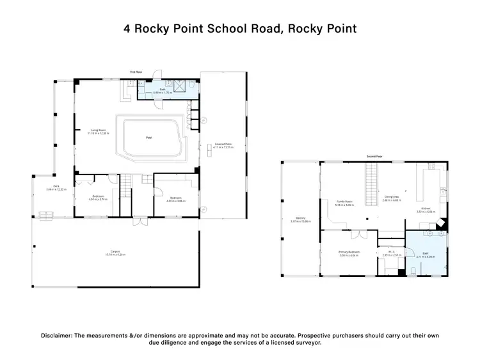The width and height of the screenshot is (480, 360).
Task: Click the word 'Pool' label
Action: click(x=149, y=137)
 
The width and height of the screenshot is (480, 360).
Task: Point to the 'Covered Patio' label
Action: click(x=223, y=145)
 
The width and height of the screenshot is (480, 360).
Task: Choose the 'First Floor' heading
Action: click(x=136, y=72)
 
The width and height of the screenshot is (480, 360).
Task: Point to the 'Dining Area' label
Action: click(x=391, y=197)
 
